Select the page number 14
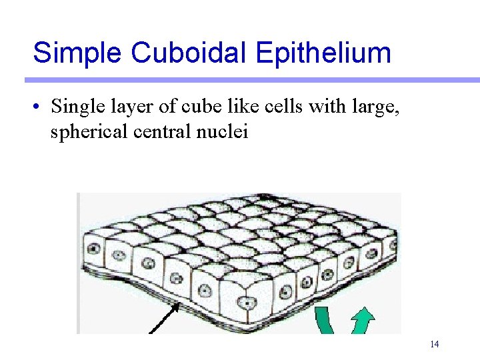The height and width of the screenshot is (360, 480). pos(434,345)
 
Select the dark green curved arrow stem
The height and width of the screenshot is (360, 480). pos(327,320)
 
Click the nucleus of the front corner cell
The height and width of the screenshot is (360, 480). pos(248,302)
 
